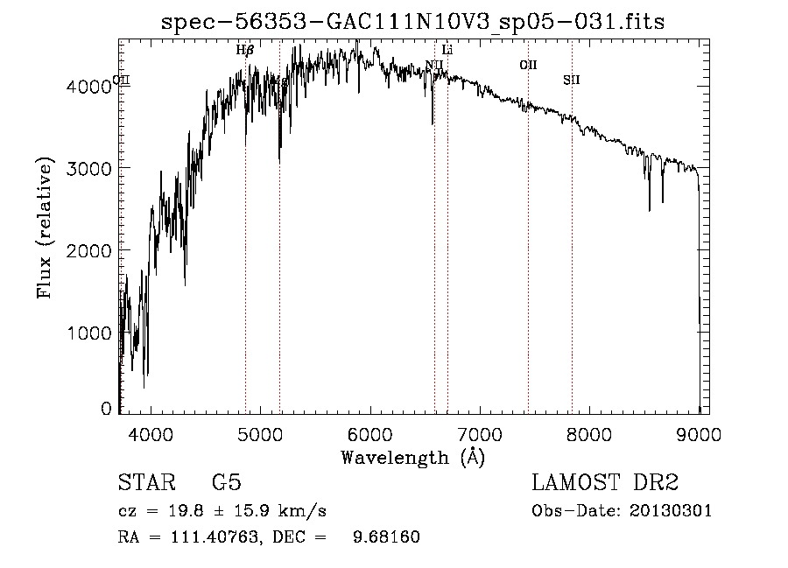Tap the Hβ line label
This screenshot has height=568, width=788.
245,50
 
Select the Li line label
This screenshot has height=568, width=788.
447,50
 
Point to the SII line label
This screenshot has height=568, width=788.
572,81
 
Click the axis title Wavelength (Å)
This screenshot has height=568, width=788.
412,457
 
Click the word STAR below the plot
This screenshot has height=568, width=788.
145,483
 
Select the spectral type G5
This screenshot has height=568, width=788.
226,483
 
